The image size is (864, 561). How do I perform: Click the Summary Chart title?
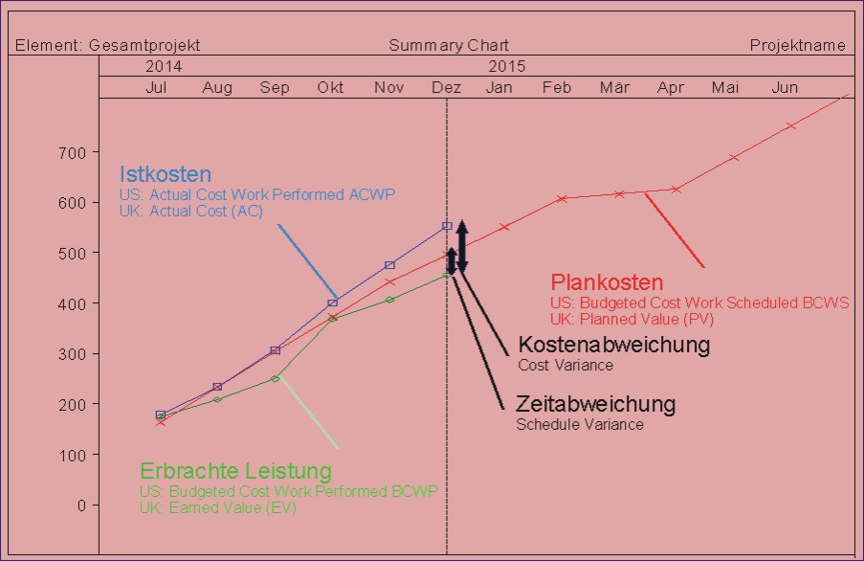(449, 45)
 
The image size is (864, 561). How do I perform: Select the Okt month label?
(331, 88)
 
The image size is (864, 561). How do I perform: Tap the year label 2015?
(507, 67)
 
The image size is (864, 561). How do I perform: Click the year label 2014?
(164, 67)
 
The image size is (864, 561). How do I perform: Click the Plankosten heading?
(607, 283)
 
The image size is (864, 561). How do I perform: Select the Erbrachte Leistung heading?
(235, 471)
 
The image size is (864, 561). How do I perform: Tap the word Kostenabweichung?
(613, 345)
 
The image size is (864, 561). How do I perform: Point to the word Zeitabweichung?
(595, 404)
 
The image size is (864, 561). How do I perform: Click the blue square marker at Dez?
(447, 226)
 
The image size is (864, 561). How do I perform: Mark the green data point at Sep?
(275, 378)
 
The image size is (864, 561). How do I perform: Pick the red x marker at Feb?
(562, 198)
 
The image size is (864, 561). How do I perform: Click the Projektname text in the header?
(797, 45)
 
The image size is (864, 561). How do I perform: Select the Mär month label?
(614, 88)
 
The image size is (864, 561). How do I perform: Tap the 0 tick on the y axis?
(81, 505)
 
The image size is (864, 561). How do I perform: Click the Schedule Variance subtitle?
(580, 424)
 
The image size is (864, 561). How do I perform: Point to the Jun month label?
(785, 88)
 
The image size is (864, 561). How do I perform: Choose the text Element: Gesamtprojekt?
(108, 45)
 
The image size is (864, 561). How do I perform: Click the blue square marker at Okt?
(332, 303)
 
